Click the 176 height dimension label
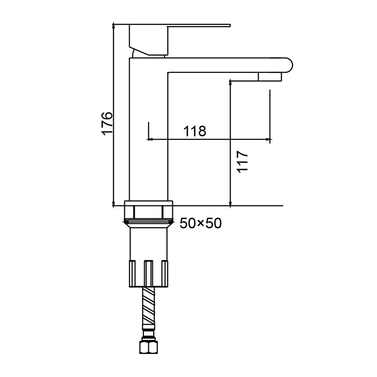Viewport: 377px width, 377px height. tap(107, 123)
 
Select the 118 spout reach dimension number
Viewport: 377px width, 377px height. tap(195, 131)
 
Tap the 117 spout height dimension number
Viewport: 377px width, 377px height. tap(242, 162)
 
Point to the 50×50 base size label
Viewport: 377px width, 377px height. tap(201, 223)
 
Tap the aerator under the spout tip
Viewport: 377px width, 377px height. tap(270, 77)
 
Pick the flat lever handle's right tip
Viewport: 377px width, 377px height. tap(230, 25)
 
